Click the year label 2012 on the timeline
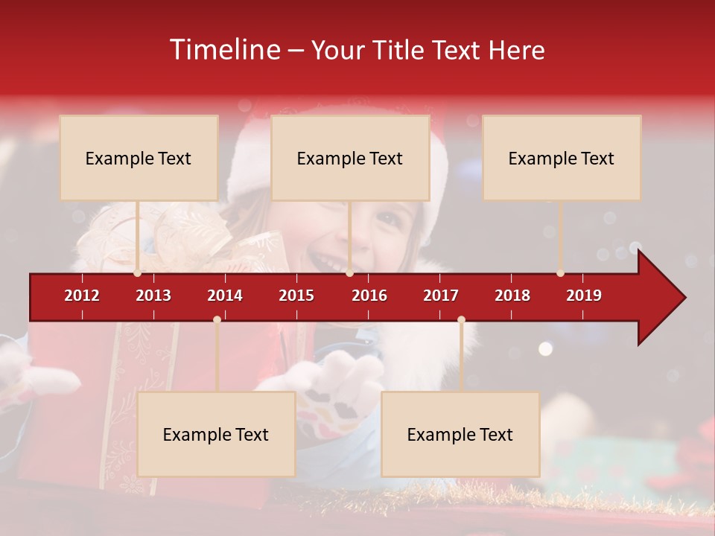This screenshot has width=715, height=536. [x=82, y=296]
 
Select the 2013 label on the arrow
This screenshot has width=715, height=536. [x=153, y=296]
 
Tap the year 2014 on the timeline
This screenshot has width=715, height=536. [x=225, y=296]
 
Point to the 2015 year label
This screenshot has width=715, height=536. [x=296, y=296]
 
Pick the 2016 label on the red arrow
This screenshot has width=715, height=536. [x=369, y=296]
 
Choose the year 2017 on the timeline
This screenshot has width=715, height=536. [x=441, y=296]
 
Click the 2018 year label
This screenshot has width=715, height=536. [x=512, y=296]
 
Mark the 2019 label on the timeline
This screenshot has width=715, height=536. [x=584, y=296]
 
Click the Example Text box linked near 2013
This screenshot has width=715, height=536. [x=139, y=158]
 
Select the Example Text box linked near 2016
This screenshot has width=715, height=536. [x=350, y=158]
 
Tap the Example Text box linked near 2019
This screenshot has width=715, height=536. [x=562, y=158]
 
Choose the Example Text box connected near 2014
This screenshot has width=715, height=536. [x=216, y=434]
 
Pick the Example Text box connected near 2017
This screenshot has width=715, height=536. [x=460, y=434]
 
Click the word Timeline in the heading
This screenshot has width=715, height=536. [x=225, y=50]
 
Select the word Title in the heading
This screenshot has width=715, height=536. [x=400, y=50]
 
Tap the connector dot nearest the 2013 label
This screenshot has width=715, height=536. [x=138, y=273]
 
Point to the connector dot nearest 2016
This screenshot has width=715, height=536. [x=349, y=273]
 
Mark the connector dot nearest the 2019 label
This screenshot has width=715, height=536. [x=560, y=273]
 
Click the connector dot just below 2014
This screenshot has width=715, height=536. [x=217, y=320]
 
